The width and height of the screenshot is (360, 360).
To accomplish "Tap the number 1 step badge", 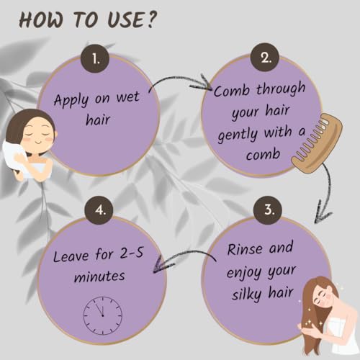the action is click(95, 58).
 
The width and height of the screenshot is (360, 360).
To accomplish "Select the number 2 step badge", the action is click(265, 57).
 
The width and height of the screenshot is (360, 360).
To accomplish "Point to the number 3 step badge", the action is click(269, 210).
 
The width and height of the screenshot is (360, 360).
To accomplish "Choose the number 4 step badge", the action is click(99, 210).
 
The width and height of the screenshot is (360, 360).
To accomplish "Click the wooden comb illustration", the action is click(317, 143).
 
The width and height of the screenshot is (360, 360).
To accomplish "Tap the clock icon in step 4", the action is click(103, 315).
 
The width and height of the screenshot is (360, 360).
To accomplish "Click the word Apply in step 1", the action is click(71, 100).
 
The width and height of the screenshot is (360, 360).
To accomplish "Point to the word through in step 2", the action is click(281, 89).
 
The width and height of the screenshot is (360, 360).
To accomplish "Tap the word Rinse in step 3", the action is click(245, 249).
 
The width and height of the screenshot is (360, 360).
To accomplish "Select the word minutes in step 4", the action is click(99, 276).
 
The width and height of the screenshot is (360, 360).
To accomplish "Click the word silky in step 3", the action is click(246, 294).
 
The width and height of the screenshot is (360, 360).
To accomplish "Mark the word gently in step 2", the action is click(238, 135).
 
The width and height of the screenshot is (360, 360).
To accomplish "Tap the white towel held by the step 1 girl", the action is click(15, 157).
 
